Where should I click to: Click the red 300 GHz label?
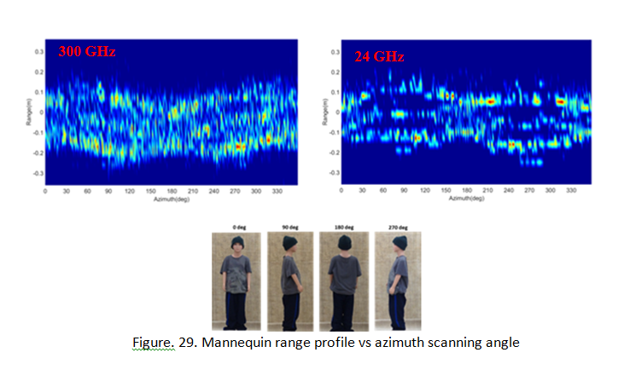tap(86, 51)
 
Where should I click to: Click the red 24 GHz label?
tap(379, 56)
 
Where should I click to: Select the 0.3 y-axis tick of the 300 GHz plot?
tap(38, 51)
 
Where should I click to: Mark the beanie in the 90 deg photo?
tap(289, 243)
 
